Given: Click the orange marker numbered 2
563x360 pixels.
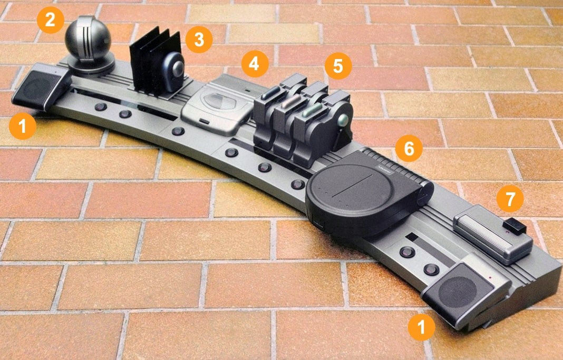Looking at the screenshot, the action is [50, 20].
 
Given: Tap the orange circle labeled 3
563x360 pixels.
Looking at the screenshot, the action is [199, 40].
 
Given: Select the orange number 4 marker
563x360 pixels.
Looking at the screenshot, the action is [255, 64].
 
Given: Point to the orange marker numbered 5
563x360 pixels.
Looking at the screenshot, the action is [338, 66].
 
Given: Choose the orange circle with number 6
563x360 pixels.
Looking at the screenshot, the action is [409, 148].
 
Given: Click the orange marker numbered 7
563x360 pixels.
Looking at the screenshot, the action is [510, 199].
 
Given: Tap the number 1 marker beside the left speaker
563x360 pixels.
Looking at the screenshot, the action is [23, 126].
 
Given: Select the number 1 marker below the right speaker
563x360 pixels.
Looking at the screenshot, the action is [421, 327].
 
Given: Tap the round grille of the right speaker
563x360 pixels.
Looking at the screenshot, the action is [458, 291].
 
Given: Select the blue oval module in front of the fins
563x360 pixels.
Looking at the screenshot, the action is [172, 72].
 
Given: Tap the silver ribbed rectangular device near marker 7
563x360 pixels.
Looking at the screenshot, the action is [492, 235].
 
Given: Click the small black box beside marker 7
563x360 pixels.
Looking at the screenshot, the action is [515, 226].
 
